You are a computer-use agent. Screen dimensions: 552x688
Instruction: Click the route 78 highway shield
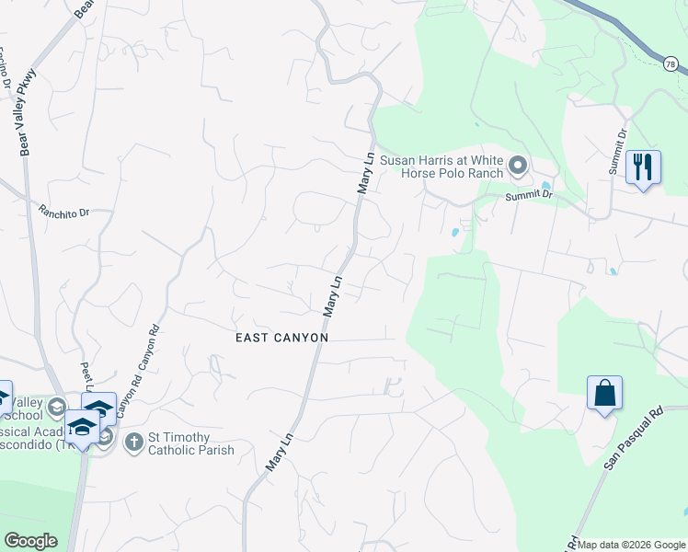point(671,63)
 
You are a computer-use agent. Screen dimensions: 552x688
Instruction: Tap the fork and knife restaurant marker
point(643,167)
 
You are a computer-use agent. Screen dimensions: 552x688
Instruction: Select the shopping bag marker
point(604,393)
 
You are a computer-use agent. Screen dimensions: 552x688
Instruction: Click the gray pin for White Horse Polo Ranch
point(517,167)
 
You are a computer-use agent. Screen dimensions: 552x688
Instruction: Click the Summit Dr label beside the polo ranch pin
point(529,195)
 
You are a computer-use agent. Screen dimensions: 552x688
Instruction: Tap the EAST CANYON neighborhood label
point(281,338)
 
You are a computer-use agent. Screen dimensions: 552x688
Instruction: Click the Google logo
point(30,541)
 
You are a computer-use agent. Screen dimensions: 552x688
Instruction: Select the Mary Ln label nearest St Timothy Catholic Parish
point(279,452)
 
